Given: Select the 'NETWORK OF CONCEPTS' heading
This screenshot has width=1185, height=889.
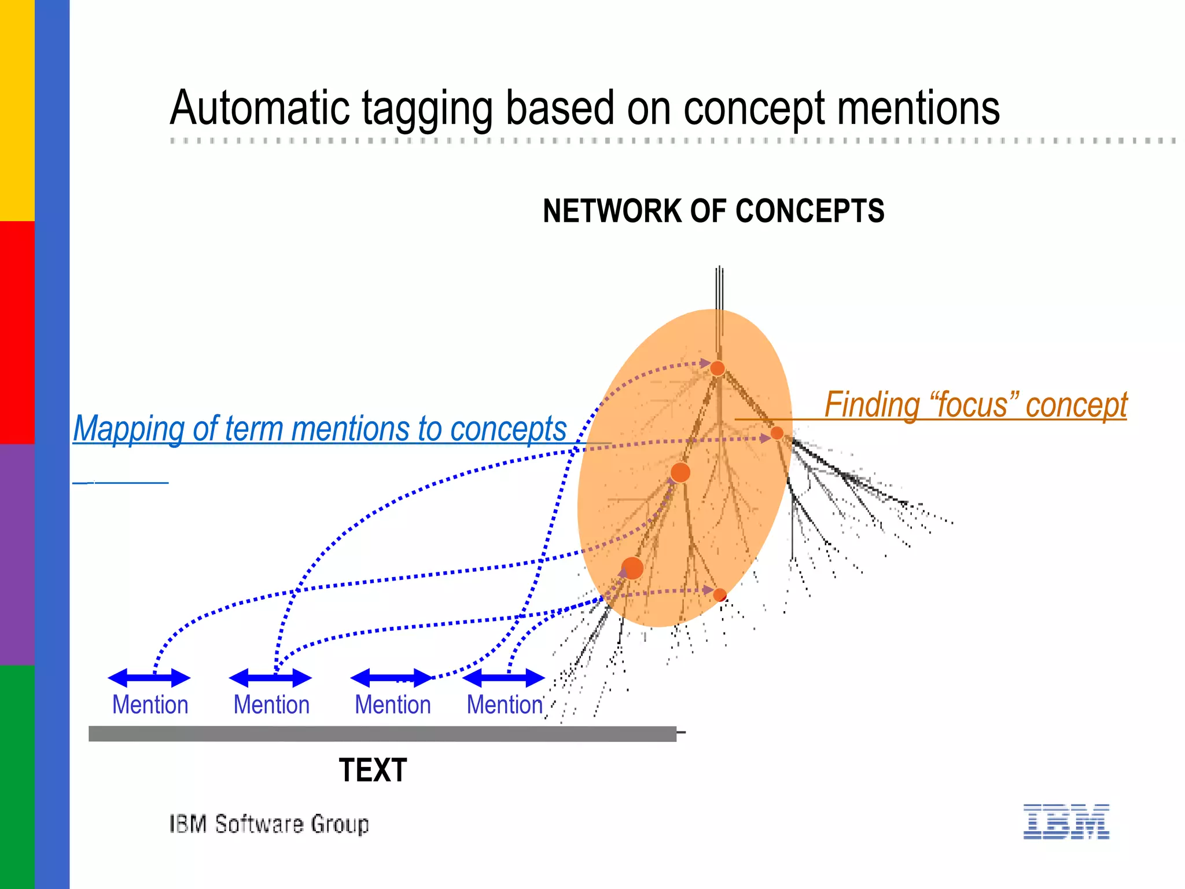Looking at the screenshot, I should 713,211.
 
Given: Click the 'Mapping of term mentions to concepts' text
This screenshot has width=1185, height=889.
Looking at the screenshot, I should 319,429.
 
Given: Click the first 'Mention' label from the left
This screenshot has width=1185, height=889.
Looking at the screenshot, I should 150,705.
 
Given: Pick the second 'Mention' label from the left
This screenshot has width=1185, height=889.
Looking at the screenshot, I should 271,705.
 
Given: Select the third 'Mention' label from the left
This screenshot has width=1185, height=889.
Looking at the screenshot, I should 392,705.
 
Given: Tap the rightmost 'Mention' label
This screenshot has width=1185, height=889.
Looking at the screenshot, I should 505,705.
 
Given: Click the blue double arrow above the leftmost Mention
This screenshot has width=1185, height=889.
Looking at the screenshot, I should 149,678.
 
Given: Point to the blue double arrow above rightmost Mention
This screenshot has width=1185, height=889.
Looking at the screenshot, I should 503,678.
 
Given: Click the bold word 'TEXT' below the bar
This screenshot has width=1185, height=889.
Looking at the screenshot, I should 373,770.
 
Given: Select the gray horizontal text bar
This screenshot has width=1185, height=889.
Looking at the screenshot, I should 382,734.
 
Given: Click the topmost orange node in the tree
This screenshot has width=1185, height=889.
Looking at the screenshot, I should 717,368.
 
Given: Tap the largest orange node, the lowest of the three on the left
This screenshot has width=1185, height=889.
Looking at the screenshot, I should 632,568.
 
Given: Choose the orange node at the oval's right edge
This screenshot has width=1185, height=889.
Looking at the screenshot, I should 777,433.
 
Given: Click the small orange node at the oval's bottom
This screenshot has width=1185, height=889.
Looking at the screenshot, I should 720,594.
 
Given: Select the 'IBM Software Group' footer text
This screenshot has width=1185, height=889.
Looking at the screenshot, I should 269,824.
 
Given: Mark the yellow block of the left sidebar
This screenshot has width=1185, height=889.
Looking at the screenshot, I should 17,110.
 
